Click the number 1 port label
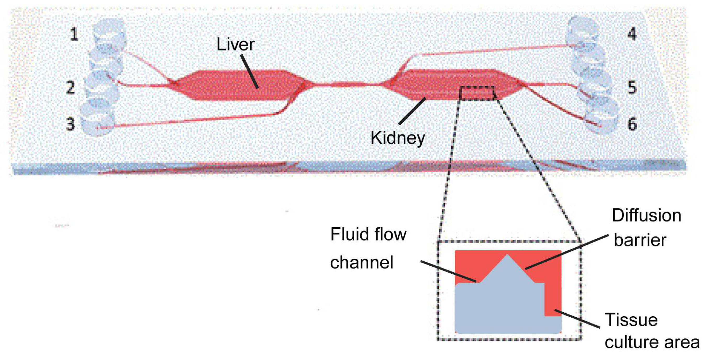pos(74,34)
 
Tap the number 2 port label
pos(70,88)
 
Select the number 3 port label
pos(70,124)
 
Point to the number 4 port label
pos(632,34)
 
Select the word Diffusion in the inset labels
pos(646,215)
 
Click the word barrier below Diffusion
pos(640,240)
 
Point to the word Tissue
pos(631,320)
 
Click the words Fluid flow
pos(368,234)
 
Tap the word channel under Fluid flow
pos(362,262)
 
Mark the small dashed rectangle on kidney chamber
pos(477,93)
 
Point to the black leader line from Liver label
pos(250,71)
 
